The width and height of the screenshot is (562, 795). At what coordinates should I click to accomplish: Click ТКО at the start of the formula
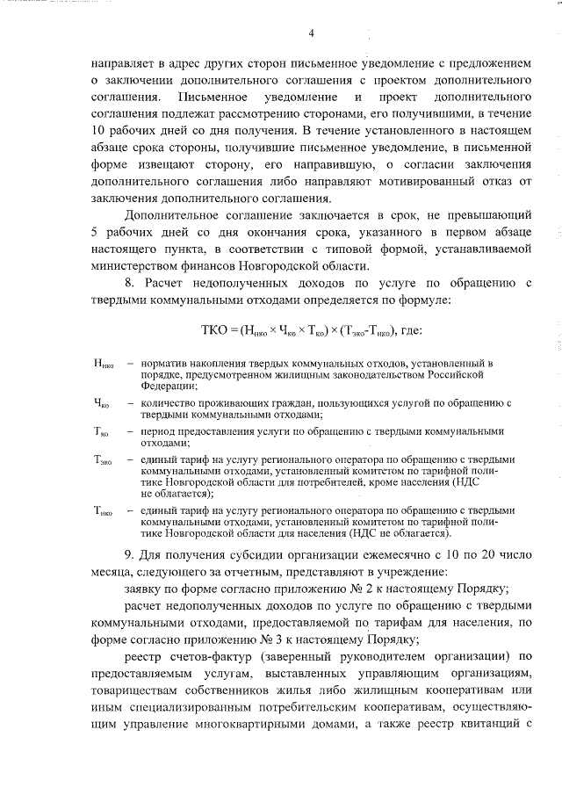[x=214, y=329]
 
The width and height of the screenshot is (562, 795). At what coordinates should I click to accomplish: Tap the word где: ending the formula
[x=410, y=329]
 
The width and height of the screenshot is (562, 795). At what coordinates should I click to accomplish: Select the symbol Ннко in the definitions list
[x=102, y=364]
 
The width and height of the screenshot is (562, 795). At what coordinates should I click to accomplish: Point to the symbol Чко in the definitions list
[x=100, y=403]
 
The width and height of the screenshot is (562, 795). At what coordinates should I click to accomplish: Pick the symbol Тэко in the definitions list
[x=102, y=459]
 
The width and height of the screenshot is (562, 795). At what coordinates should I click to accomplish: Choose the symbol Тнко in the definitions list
[x=102, y=510]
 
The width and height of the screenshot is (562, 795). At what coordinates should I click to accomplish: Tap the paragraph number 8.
[x=129, y=283]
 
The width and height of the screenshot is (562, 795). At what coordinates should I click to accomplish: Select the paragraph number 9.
[x=129, y=550]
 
